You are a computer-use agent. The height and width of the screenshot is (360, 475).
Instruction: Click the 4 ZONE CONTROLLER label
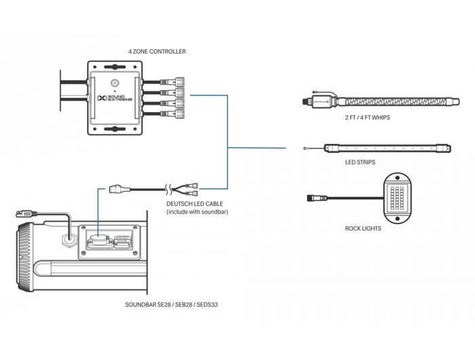(x=157, y=52)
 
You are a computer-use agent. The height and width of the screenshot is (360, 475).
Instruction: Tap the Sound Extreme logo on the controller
(x=115, y=98)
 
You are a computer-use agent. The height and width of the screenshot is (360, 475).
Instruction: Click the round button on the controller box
(x=115, y=83)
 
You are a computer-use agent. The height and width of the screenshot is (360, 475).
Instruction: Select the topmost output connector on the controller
(x=172, y=82)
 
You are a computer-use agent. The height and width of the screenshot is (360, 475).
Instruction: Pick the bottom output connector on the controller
(x=172, y=113)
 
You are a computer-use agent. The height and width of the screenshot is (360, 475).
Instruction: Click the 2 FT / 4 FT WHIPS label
(x=368, y=118)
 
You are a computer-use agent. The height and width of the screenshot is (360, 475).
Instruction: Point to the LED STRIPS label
(x=360, y=162)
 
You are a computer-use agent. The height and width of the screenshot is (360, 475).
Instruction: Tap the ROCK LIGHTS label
(x=363, y=228)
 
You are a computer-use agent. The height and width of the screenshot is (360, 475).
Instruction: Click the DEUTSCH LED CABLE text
(x=195, y=204)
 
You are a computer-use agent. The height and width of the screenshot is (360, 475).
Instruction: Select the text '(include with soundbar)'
(x=197, y=212)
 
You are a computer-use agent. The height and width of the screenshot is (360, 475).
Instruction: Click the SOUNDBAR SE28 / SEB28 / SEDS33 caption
(x=172, y=304)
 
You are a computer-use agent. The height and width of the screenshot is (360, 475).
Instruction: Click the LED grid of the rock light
(x=397, y=198)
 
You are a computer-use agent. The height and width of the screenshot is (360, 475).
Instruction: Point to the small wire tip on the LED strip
(x=306, y=148)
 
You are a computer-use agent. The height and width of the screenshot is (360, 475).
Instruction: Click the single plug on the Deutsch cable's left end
(x=115, y=190)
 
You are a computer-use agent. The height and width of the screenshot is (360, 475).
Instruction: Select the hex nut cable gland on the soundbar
(x=69, y=240)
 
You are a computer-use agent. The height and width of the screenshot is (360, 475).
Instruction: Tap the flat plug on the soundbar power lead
(x=26, y=214)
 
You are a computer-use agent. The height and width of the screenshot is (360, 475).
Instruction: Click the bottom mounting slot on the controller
(x=115, y=129)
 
